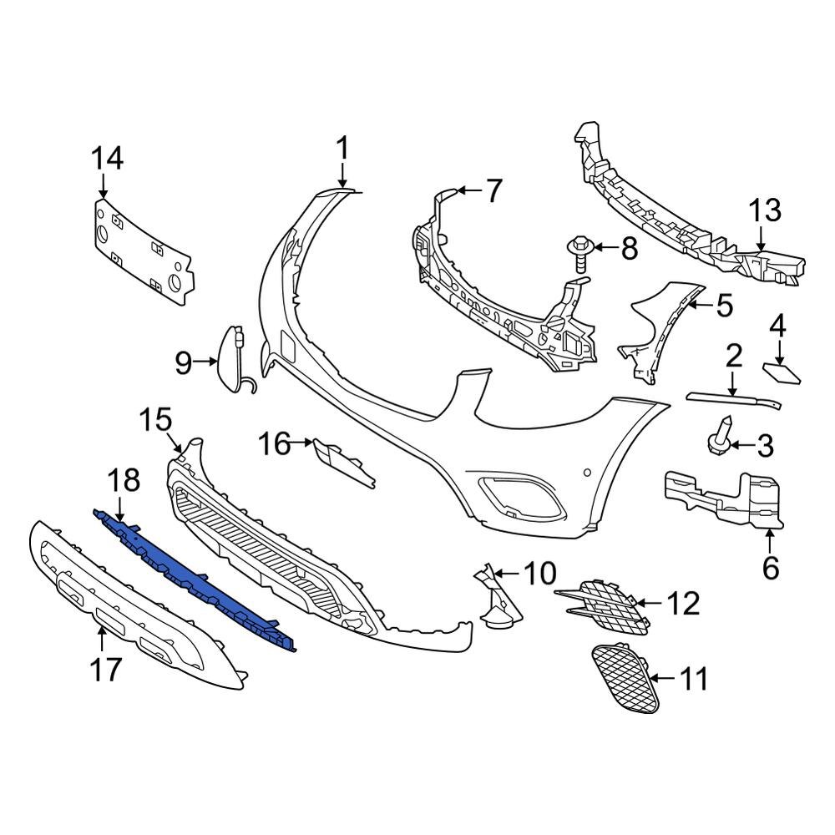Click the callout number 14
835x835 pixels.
click(x=107, y=157)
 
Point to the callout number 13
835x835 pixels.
click(x=764, y=210)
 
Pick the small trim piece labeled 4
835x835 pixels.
click(x=782, y=372)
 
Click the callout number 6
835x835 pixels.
click(x=770, y=568)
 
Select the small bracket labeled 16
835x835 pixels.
click(x=342, y=461)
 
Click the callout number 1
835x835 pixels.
click(x=342, y=149)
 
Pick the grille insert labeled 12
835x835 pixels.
click(x=603, y=605)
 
